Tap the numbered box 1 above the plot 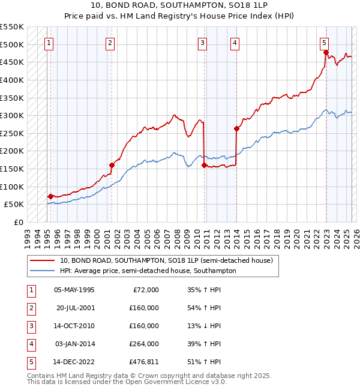pyautogui.click(x=48, y=43)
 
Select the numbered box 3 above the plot pyautogui.click(x=203, y=43)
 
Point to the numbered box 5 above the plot pyautogui.click(x=324, y=43)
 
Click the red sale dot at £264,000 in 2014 pyautogui.click(x=236, y=128)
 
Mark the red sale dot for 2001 pyautogui.click(x=112, y=165)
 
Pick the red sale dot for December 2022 pyautogui.click(x=326, y=53)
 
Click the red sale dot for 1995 pyautogui.click(x=50, y=196)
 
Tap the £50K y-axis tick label pyautogui.click(x=14, y=205)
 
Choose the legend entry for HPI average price pyautogui.click(x=148, y=271)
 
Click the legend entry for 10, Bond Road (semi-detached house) pyautogui.click(x=166, y=260)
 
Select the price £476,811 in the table pyautogui.click(x=143, y=362)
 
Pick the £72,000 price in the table pyautogui.click(x=146, y=290)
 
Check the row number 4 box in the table pyautogui.click(x=30, y=344)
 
